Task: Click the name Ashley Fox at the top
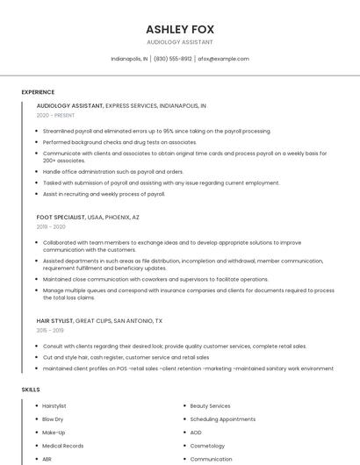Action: (x=179, y=28)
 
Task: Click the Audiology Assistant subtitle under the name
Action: (x=179, y=42)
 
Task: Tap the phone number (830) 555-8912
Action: (x=172, y=59)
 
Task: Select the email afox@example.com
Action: (x=223, y=59)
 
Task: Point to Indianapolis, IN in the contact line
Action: (x=129, y=59)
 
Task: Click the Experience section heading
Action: (x=38, y=92)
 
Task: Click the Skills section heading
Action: (x=31, y=389)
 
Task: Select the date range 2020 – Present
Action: (x=55, y=115)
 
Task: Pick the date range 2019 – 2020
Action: (x=52, y=226)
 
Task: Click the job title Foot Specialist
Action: (x=61, y=217)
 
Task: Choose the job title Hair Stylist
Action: (x=54, y=321)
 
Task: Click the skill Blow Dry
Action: (x=53, y=419)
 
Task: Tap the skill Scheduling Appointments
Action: (x=222, y=419)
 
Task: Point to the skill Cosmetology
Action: (x=209, y=446)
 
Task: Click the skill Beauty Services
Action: (x=210, y=406)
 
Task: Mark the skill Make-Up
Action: (x=54, y=433)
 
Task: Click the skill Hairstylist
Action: (x=54, y=406)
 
